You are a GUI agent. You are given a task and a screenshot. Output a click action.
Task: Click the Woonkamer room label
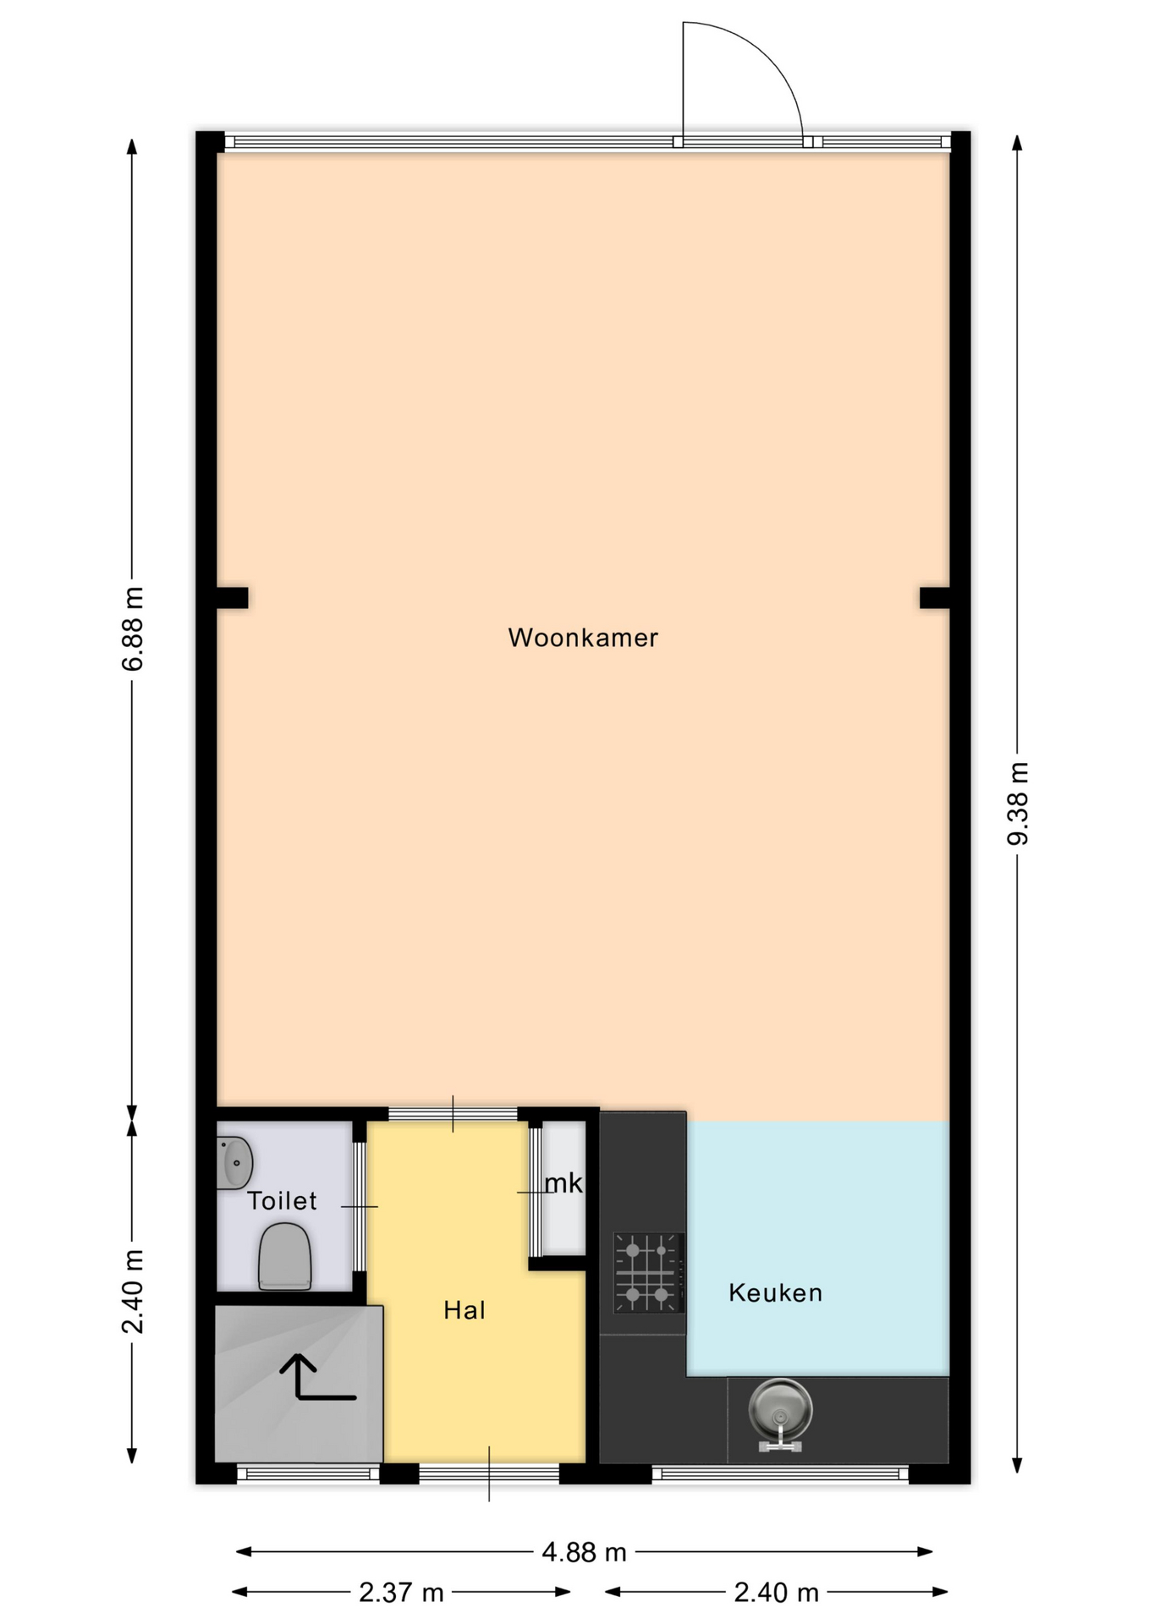tap(583, 638)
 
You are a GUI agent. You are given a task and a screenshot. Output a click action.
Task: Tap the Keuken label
tap(775, 1292)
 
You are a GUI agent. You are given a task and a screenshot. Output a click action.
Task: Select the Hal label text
tap(465, 1310)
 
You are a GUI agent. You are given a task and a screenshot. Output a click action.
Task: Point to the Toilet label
tap(282, 1200)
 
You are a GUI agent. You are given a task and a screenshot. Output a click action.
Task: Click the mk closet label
tap(564, 1182)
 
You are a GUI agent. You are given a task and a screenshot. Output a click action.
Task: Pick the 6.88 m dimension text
tap(133, 628)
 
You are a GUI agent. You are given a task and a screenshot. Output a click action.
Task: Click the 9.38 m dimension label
tap(1018, 803)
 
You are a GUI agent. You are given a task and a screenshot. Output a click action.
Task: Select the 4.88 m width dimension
tap(584, 1552)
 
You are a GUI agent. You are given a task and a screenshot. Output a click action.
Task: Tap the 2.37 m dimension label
tap(401, 1593)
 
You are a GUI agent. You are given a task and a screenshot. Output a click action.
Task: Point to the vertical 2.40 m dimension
tap(133, 1291)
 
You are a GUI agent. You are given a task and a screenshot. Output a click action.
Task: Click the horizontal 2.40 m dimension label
tap(776, 1593)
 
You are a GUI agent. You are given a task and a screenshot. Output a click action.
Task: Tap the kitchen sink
tap(780, 1413)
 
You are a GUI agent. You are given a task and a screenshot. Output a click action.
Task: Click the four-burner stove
tap(648, 1272)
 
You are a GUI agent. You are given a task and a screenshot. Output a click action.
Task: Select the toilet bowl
tap(284, 1257)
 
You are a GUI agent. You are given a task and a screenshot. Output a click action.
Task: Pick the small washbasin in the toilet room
tap(234, 1162)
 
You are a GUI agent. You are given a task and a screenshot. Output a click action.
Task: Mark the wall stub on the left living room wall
tap(232, 598)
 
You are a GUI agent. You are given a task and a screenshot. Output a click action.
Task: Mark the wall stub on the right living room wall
tap(934, 598)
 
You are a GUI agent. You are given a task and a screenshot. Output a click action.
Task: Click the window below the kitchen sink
tap(780, 1474)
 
